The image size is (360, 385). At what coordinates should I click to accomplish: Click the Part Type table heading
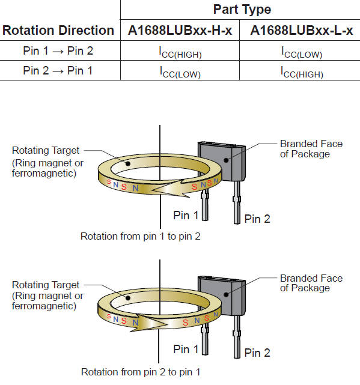click(x=242, y=10)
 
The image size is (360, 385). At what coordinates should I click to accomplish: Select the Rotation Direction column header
click(x=58, y=31)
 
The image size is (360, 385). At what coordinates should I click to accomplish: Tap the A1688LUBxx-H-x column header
click(x=180, y=31)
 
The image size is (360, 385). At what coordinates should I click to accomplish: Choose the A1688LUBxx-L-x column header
click(x=302, y=31)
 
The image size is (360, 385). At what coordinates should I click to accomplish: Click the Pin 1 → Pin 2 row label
click(x=58, y=51)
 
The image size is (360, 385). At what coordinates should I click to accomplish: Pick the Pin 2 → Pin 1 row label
click(x=58, y=71)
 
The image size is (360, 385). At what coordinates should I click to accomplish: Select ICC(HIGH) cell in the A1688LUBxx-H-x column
click(x=180, y=52)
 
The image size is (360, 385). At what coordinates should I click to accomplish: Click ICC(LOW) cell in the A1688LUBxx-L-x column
click(x=302, y=52)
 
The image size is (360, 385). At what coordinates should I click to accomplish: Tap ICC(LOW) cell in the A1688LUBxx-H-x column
click(x=180, y=72)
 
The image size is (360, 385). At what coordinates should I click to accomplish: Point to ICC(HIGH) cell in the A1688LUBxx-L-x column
click(x=302, y=72)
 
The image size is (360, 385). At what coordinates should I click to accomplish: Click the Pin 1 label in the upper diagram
click(x=186, y=216)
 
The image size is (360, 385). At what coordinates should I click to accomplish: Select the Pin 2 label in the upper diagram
click(x=257, y=219)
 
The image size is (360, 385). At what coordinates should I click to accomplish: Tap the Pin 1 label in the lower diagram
click(x=186, y=349)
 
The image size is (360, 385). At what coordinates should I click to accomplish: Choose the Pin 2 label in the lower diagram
click(x=257, y=353)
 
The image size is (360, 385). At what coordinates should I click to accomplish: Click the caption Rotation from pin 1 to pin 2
click(x=141, y=237)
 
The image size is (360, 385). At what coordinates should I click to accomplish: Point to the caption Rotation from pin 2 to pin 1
click(x=141, y=372)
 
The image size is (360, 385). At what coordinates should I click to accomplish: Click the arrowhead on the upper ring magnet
click(x=169, y=189)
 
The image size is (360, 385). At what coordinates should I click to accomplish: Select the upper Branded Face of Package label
click(x=311, y=149)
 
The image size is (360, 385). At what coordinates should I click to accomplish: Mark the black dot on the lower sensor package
click(x=226, y=295)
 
